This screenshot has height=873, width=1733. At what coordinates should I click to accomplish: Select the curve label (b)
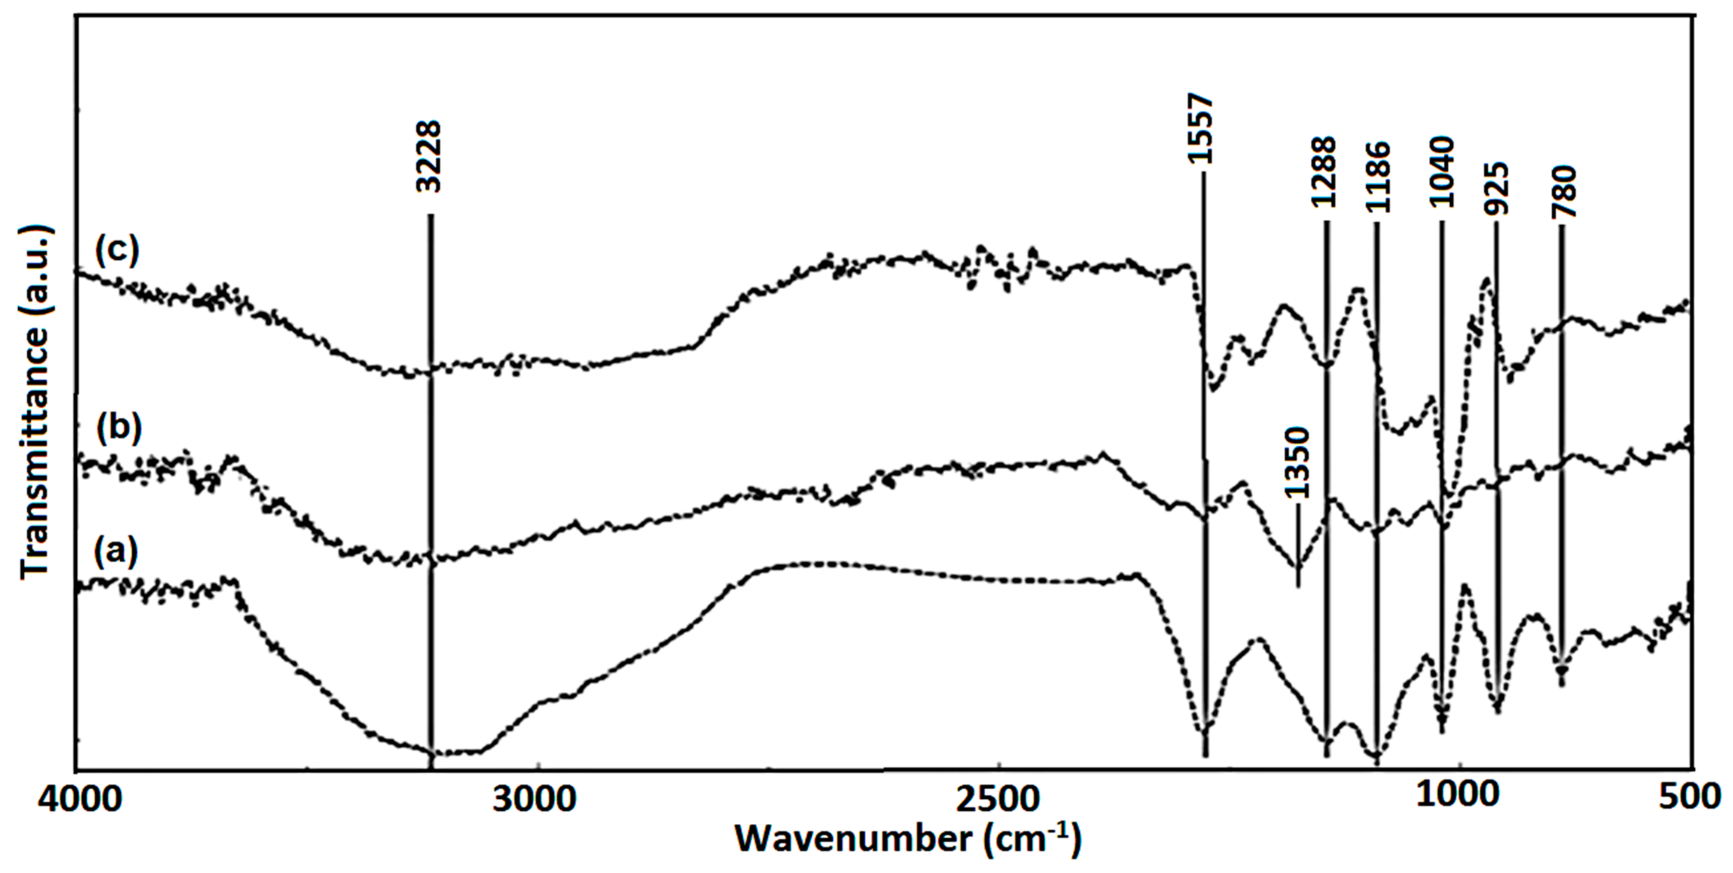coord(119,428)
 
